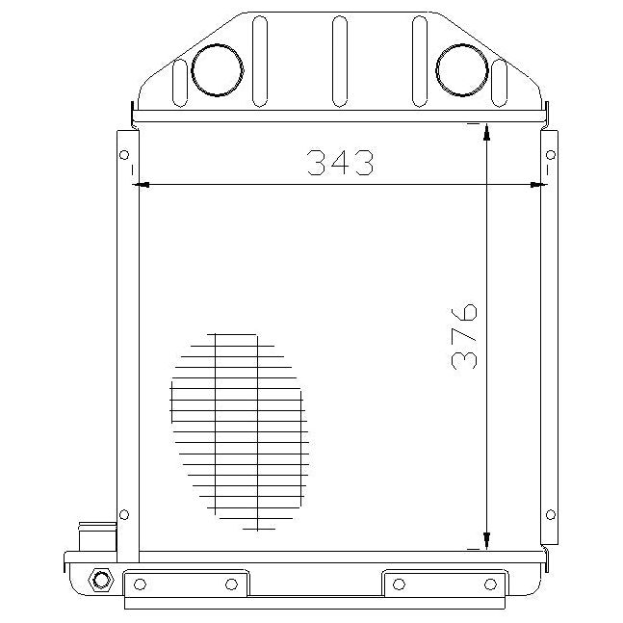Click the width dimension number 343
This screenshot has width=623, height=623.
pos(340,164)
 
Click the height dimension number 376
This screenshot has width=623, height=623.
pos(464,336)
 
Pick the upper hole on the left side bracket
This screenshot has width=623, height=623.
pos(123,155)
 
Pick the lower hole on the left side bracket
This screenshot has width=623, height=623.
pos(123,513)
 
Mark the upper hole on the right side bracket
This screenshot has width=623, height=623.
pos(551,155)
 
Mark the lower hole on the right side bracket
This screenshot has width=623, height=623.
pos(551,513)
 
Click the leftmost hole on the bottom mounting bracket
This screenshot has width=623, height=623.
pos(141,584)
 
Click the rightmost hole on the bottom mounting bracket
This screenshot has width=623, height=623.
pos(491,584)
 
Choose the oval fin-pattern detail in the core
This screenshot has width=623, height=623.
pos(239,431)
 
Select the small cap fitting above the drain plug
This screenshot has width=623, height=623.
pos(93,535)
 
